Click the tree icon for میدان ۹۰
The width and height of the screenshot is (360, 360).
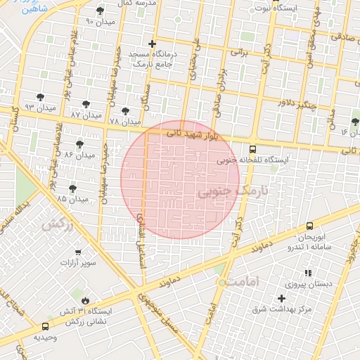click(x=100, y=11)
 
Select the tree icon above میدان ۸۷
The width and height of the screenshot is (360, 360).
click(x=87, y=104)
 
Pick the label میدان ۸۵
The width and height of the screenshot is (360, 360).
click(x=72, y=199)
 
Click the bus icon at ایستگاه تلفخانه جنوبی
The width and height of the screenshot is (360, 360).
click(x=252, y=149)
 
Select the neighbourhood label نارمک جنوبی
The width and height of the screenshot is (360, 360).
click(x=233, y=191)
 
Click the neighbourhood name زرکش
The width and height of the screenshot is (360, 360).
click(x=57, y=224)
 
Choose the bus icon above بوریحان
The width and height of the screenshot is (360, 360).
click(x=309, y=226)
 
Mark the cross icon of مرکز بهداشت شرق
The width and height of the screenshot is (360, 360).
click(x=282, y=298)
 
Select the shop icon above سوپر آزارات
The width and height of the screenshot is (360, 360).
click(x=77, y=252)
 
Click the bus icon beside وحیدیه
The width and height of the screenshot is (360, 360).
click(x=46, y=326)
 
